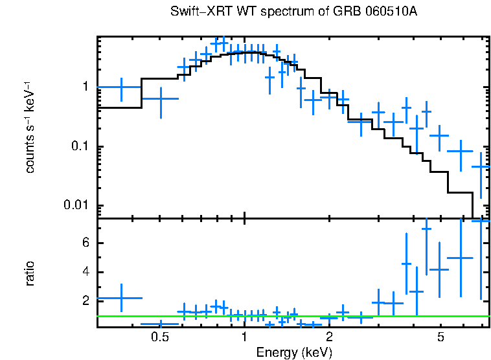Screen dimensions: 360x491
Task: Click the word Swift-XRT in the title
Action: coord(194,12)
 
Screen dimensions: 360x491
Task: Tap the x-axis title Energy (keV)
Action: coord(293,352)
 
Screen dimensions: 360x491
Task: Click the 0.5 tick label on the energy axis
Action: coord(159,337)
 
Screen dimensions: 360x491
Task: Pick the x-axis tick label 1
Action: coord(244,337)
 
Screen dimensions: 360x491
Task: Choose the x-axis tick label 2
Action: coord(329,337)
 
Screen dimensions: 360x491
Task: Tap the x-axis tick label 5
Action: coord(440,337)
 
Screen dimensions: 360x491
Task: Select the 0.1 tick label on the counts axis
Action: coord(83,147)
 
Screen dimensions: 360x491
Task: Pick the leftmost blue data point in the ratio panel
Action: coord(121,298)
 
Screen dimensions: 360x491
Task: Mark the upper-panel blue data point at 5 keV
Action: coord(440,135)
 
